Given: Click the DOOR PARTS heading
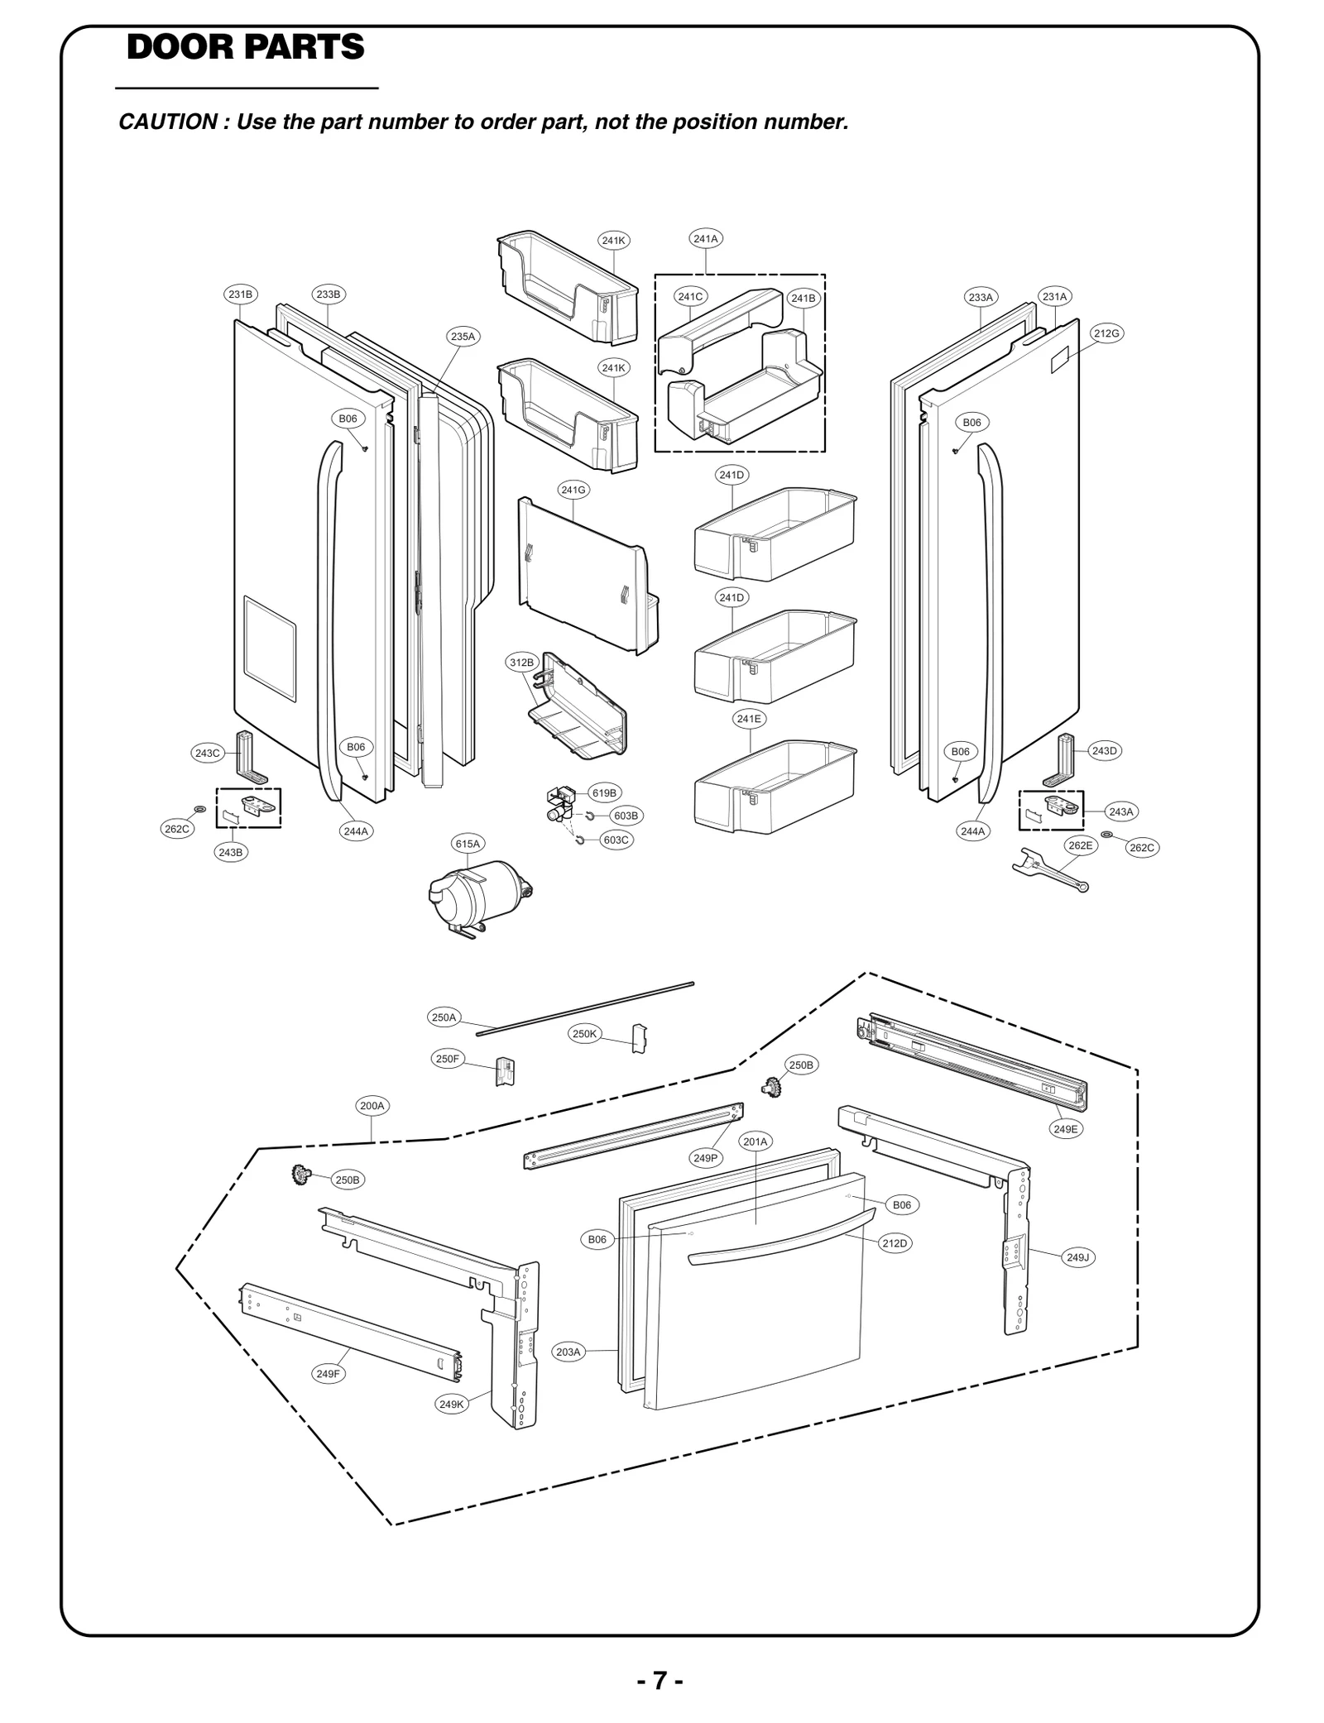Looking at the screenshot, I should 245,47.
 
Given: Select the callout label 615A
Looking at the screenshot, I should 468,844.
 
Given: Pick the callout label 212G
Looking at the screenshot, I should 1106,333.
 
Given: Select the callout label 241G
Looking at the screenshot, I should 573,490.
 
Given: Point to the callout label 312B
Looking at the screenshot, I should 521,662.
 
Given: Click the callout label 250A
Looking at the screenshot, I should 444,1017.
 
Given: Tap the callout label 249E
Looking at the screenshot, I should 1066,1129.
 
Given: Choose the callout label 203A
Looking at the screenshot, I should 568,1352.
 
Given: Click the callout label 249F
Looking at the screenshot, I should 328,1374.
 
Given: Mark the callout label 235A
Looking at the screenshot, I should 463,337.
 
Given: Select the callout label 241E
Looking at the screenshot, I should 749,719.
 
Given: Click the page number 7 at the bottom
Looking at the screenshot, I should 660,1681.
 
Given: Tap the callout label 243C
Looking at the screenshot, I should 207,753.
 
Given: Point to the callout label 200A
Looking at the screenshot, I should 372,1105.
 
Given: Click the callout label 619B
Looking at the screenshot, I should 604,792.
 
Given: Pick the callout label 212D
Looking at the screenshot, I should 895,1243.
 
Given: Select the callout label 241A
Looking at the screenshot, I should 706,238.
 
